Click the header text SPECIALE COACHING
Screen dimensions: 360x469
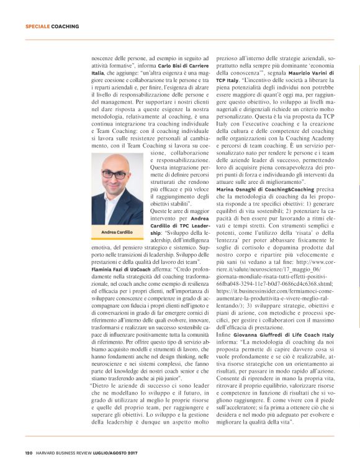[x=52, y=27]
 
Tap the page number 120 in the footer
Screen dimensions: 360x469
[x=29, y=452]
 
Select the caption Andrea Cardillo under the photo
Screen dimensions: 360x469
[x=114, y=232]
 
